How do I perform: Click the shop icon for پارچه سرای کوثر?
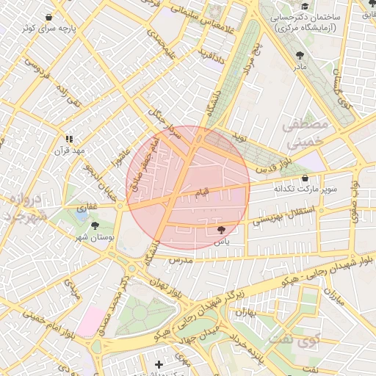click(48, 17)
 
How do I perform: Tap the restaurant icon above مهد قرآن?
click(69, 138)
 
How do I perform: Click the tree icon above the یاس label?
click(222, 230)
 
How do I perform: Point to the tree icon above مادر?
click(300, 55)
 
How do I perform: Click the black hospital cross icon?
click(159, 364)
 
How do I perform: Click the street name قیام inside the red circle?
click(200, 192)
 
